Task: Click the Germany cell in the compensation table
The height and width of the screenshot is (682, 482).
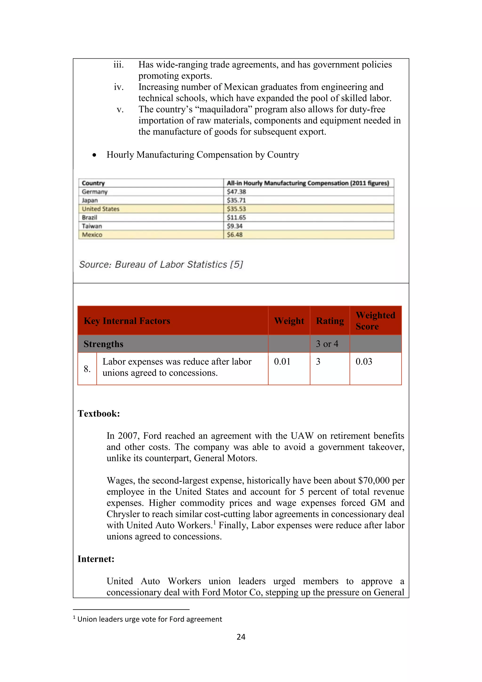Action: [95, 192]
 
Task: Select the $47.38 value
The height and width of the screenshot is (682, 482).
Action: [236, 192]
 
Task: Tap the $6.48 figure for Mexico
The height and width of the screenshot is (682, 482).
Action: [235, 235]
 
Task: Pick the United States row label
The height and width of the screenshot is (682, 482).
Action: [101, 209]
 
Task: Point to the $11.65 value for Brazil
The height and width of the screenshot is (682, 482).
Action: [236, 217]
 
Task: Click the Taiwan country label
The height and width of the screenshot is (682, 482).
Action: [92, 226]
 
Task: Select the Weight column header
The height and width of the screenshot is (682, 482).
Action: [289, 321]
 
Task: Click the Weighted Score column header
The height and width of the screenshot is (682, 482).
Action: [375, 321]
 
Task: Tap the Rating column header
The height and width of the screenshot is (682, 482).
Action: [330, 321]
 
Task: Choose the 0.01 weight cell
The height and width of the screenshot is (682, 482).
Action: [282, 361]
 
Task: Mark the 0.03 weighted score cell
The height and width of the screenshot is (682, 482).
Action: [364, 361]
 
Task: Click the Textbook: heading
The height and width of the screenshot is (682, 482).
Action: [99, 414]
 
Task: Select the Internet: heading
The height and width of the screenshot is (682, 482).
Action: [96, 559]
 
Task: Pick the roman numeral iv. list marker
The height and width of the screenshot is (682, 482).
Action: [119, 87]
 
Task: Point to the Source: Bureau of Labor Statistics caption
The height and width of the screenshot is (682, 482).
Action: [161, 264]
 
